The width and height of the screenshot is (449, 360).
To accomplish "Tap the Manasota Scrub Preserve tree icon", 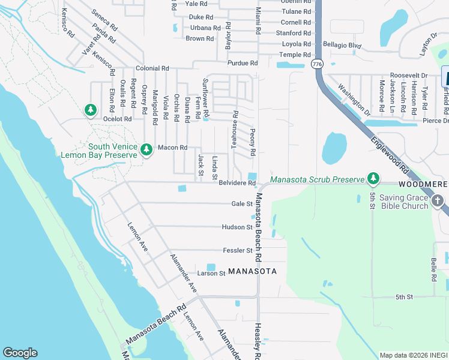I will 373,179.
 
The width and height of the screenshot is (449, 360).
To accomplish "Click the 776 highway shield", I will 317,63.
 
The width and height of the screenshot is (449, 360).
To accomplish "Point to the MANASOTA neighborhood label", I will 252,271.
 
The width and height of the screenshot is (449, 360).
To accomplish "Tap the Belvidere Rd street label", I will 238,183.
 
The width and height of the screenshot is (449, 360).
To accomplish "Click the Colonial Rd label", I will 152,69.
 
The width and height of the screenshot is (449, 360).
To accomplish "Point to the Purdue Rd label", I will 243,63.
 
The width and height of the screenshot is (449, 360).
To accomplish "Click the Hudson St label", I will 237,227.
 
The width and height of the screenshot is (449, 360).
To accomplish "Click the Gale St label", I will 242,204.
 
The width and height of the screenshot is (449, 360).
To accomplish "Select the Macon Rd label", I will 172,148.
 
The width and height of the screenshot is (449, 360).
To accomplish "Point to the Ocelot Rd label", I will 116,119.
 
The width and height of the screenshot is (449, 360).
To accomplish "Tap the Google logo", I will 20,353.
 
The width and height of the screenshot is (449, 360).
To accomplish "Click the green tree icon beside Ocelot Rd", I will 91,110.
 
